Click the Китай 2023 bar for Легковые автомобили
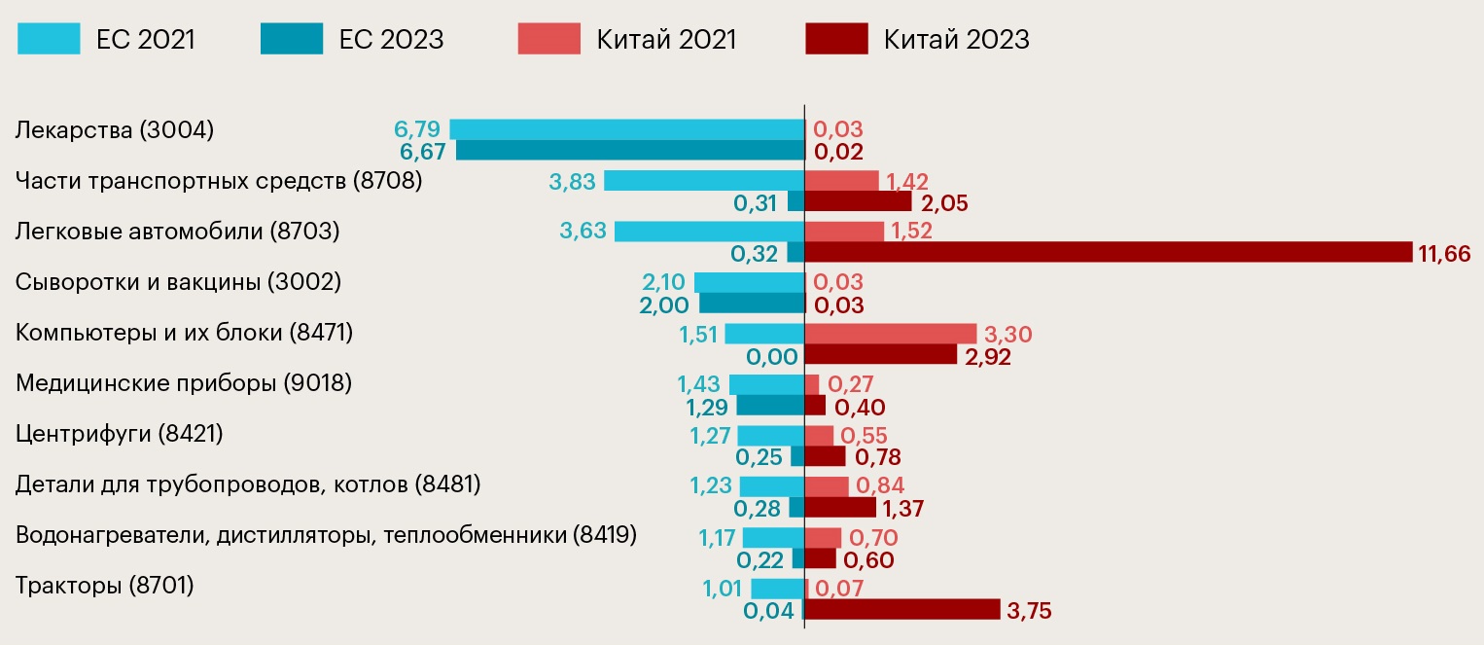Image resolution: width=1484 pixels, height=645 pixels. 1109,252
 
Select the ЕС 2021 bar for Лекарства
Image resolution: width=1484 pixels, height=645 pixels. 626,129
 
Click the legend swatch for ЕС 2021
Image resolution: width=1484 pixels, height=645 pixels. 49,39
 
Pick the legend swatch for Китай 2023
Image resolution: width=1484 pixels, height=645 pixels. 836,39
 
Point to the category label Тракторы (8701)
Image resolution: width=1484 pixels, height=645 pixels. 105,586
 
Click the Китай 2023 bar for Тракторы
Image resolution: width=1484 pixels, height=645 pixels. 902,609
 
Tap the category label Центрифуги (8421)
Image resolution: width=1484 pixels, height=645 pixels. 120,434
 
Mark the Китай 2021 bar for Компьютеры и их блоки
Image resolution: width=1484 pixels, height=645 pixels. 891,334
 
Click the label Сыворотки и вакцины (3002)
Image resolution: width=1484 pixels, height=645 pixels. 179,282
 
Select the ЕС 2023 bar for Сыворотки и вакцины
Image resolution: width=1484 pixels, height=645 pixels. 752,303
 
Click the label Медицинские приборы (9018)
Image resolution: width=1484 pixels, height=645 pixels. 184,383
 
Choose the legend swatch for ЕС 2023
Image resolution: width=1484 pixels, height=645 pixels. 292,39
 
